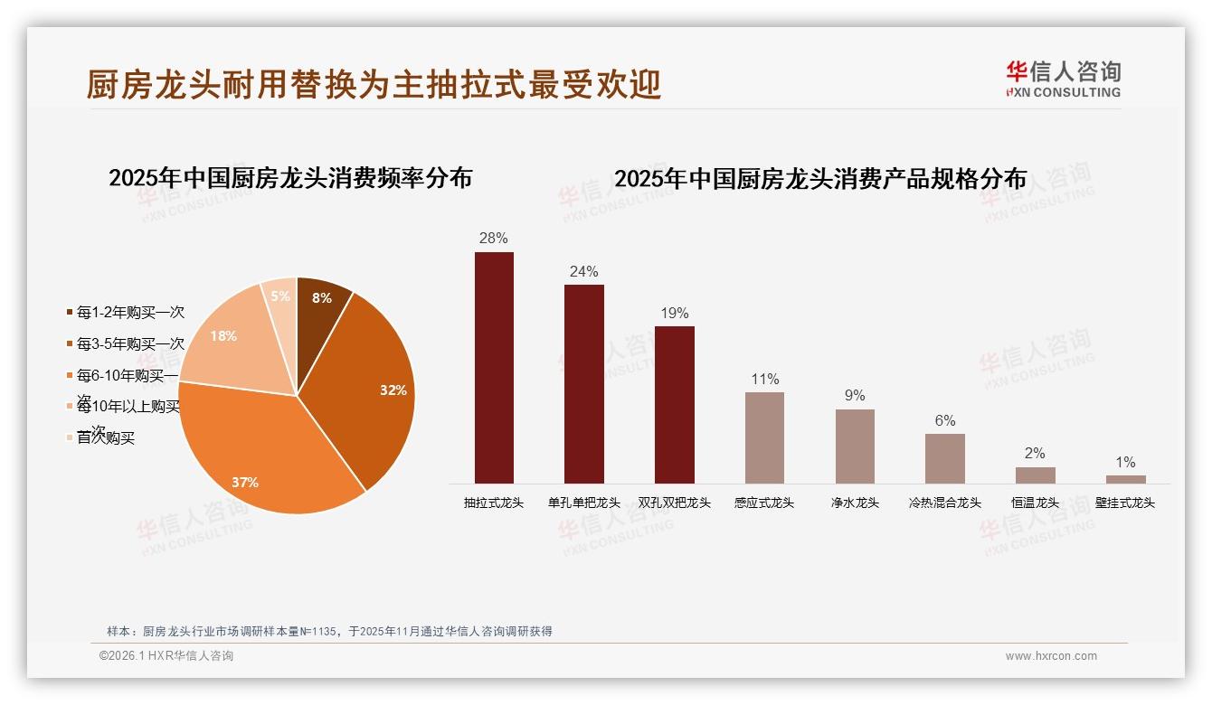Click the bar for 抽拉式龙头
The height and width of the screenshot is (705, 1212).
pyautogui.click(x=494, y=368)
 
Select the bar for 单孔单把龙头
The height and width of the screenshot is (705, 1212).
pyautogui.click(x=583, y=384)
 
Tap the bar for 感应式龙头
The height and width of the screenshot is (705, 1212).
pyautogui.click(x=764, y=437)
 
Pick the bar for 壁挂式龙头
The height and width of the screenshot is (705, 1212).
pyautogui.click(x=1125, y=479)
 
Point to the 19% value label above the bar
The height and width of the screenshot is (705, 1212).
pyautogui.click(x=674, y=314)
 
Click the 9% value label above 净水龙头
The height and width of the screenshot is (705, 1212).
pyautogui.click(x=855, y=396)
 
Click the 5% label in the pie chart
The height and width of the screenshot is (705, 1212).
pyautogui.click(x=280, y=296)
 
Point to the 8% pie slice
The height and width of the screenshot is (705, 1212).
pyautogui.click(x=320, y=298)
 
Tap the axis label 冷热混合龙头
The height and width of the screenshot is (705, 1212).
pyautogui.click(x=944, y=503)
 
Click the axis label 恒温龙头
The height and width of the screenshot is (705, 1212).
pyautogui.click(x=1035, y=503)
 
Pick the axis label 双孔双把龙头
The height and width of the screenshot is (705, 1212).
pyautogui.click(x=674, y=503)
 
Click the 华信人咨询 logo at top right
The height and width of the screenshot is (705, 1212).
pyautogui.click(x=1063, y=79)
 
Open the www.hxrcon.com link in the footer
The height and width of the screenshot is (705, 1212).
pyautogui.click(x=1051, y=656)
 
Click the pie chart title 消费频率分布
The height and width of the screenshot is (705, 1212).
pyautogui.click(x=290, y=178)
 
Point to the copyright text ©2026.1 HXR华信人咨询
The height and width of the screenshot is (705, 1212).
pyautogui.click(x=166, y=656)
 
